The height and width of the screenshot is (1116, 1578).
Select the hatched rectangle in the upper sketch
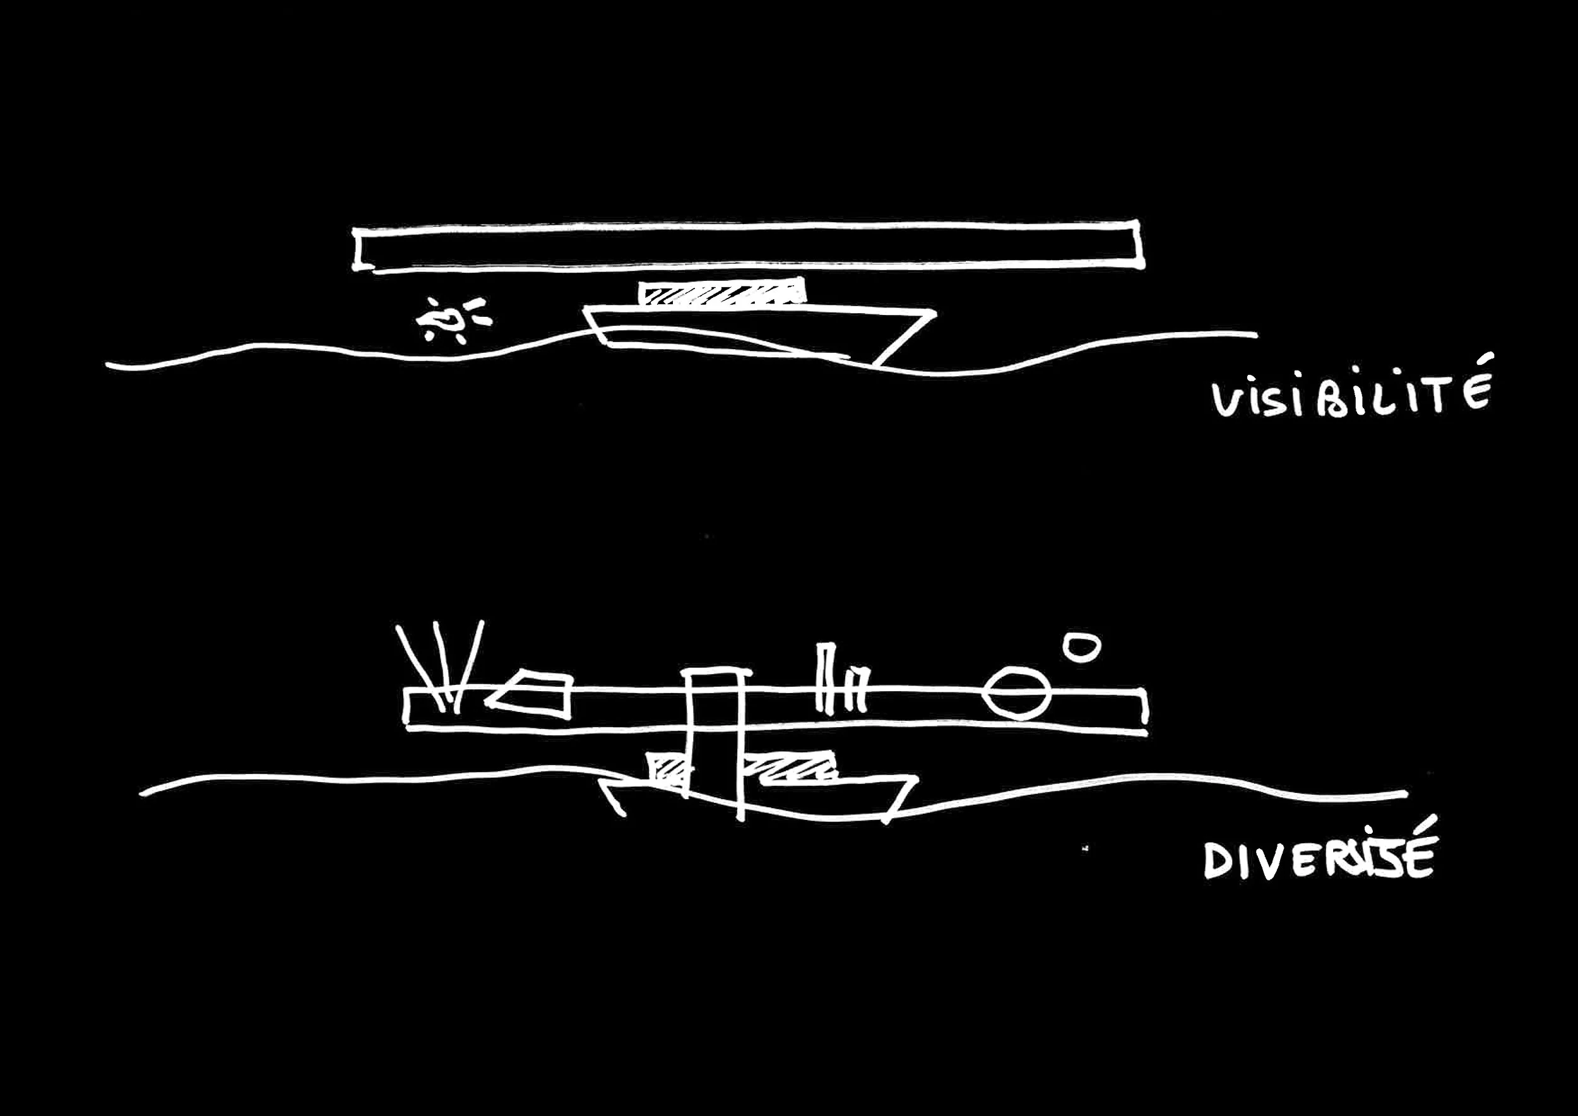(x=721, y=292)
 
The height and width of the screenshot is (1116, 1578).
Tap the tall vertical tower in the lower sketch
(x=716, y=742)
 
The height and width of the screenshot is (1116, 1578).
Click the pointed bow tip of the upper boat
(x=934, y=316)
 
